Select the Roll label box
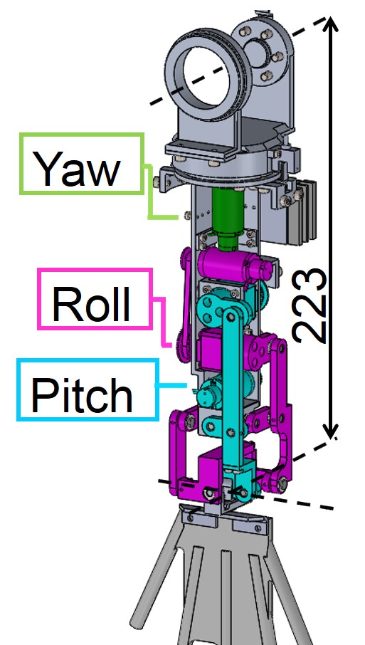click(95, 299)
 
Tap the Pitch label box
click(88, 389)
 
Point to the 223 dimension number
click(310, 305)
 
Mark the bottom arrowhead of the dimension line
click(330, 431)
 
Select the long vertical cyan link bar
click(231, 391)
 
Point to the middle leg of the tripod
click(226, 597)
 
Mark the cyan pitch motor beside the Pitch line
click(210, 393)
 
